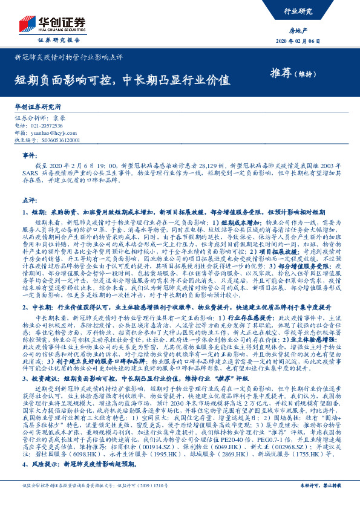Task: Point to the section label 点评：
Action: click(30, 200)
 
